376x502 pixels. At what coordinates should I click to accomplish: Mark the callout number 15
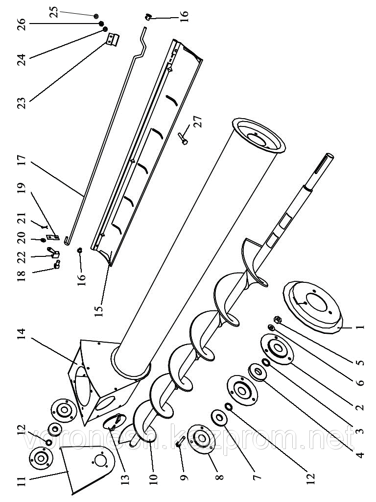(100, 310)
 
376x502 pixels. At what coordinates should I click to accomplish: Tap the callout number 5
(360, 363)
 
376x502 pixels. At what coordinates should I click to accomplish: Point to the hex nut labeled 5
(276, 320)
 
